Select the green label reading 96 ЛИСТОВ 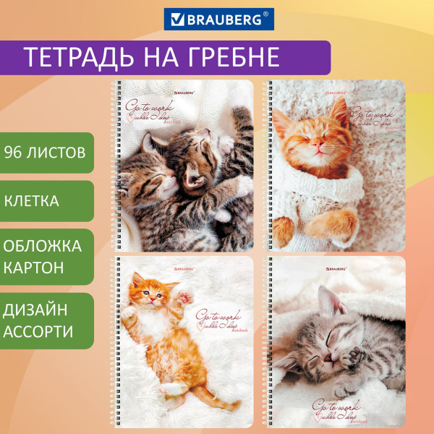coord(46,153)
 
